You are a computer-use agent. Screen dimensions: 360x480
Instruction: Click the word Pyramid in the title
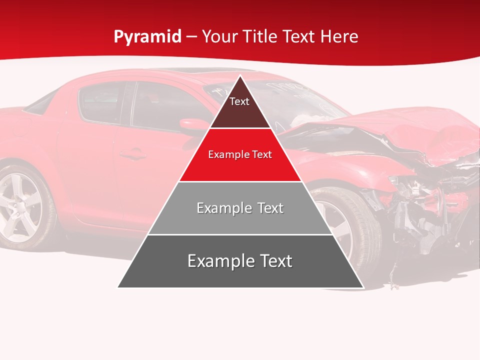tap(147, 37)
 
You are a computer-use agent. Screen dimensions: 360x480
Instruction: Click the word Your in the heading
tap(219, 36)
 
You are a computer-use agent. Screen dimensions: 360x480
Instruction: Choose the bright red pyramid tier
tap(240, 167)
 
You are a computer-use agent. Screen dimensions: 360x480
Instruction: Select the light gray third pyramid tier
tap(240, 220)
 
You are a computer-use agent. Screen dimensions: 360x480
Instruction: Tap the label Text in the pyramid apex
tap(239, 101)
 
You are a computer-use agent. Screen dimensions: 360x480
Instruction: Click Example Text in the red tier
tap(240, 154)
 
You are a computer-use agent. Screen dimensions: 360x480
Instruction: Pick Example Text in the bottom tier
tap(240, 261)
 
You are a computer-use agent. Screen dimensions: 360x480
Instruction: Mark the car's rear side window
tap(100, 102)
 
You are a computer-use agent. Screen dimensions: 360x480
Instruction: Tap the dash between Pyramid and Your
tap(191, 37)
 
